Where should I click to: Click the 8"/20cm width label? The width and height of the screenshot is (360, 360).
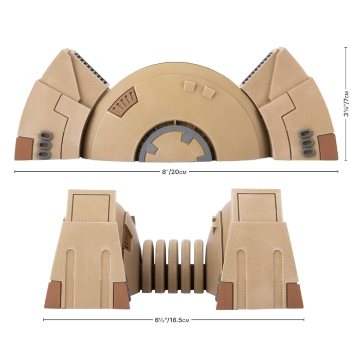[177, 172]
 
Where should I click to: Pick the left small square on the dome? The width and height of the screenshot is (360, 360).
[189, 86]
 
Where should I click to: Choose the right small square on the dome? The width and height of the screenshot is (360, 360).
[208, 92]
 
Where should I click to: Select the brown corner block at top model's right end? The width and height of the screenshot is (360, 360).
[328, 147]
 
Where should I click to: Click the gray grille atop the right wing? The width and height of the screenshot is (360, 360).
[260, 67]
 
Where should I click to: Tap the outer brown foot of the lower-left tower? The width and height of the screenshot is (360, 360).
[53, 296]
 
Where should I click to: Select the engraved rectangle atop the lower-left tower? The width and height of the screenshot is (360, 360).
[92, 208]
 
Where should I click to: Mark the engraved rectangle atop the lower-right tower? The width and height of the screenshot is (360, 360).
[256, 208]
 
